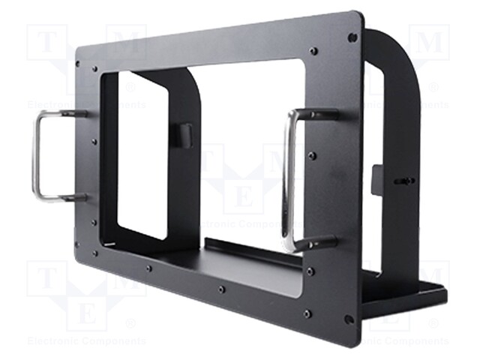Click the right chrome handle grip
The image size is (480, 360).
[286, 180]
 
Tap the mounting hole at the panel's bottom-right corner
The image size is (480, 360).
[349, 319]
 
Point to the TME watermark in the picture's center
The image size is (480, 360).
[240, 180]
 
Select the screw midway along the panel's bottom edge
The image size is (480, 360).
[221, 289]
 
